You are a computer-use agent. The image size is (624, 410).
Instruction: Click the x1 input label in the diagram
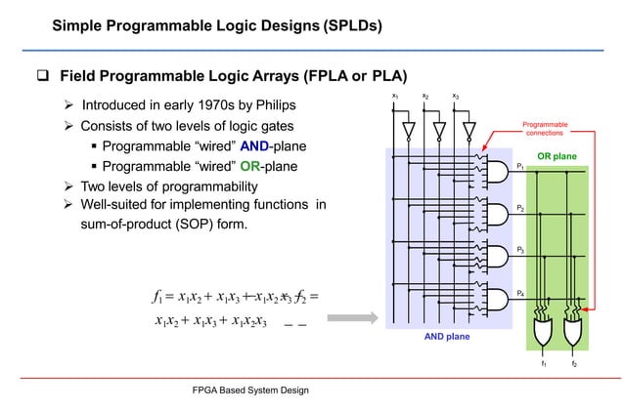point(394,96)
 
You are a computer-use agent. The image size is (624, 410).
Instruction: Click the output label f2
point(574,365)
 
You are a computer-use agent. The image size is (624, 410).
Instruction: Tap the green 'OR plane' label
point(557,156)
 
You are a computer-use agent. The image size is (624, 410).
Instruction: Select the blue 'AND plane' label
point(447,336)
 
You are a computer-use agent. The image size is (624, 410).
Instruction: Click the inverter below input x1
point(410,130)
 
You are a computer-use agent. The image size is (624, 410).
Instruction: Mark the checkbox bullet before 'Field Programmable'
point(41,76)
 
